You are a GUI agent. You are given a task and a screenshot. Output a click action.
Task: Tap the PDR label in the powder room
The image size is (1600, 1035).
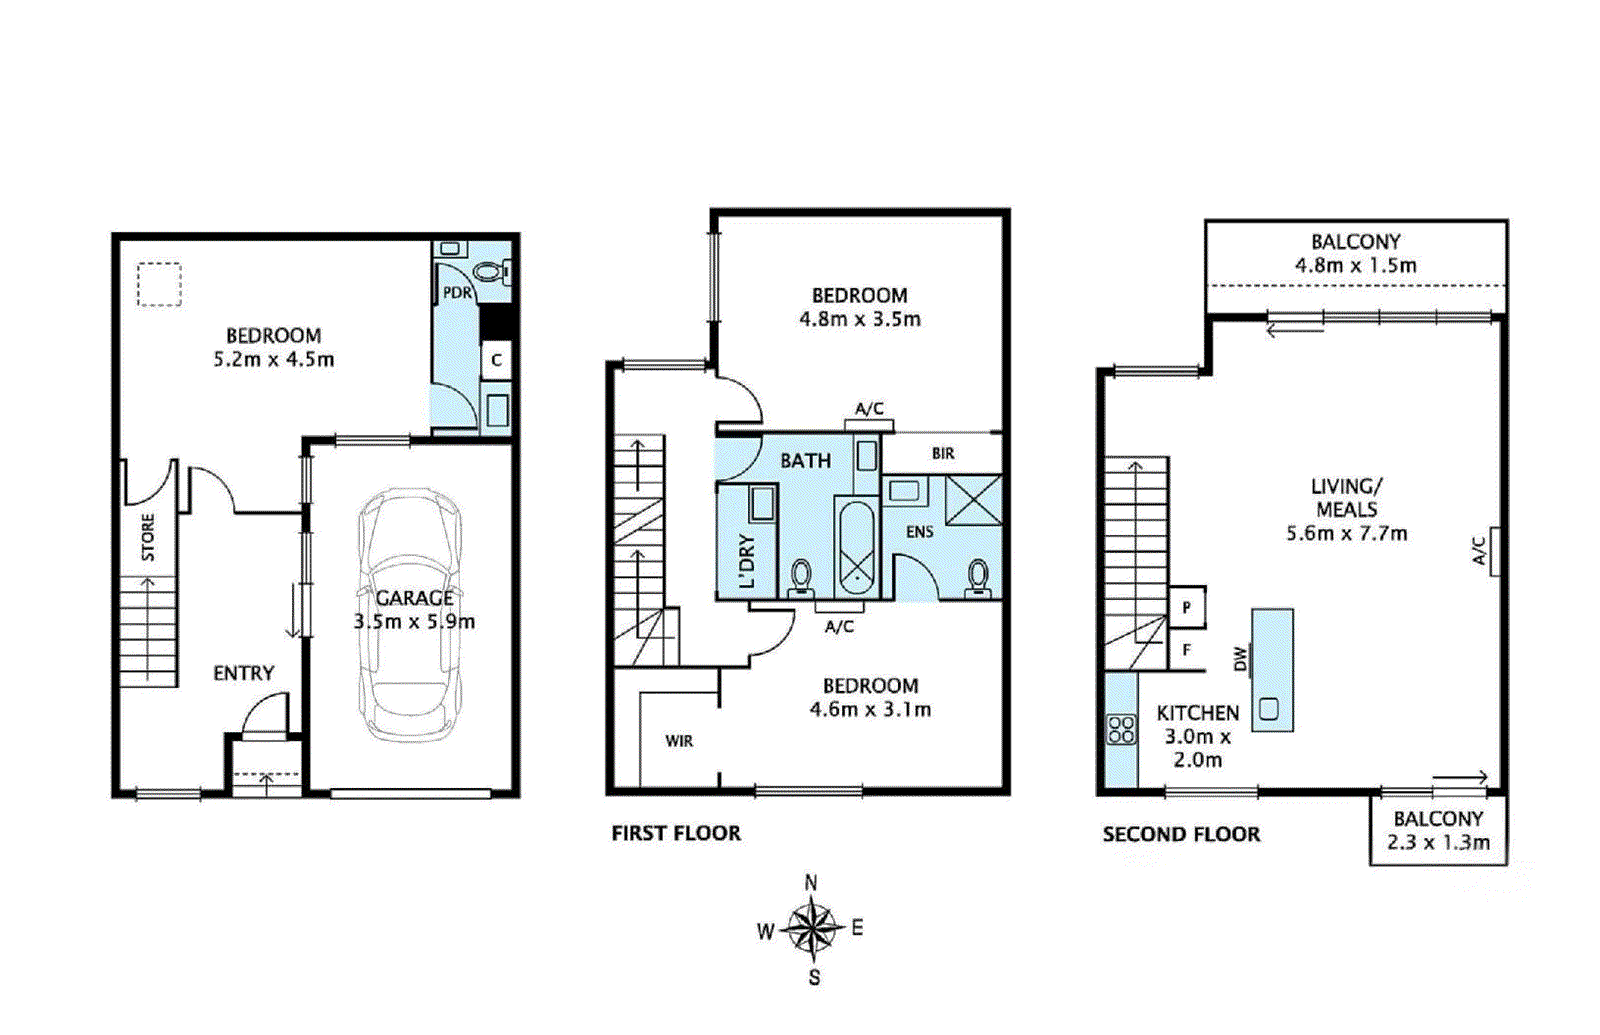(x=457, y=293)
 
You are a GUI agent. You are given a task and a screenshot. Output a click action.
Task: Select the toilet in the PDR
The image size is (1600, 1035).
(x=492, y=272)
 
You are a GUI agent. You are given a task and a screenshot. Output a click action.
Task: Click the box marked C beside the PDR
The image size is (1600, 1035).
(x=496, y=360)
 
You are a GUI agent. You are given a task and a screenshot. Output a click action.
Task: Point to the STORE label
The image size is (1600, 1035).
(x=148, y=537)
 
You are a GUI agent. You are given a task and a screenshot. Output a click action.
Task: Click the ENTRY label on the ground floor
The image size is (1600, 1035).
(x=244, y=673)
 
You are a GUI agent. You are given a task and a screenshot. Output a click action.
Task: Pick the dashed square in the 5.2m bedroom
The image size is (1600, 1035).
(x=159, y=284)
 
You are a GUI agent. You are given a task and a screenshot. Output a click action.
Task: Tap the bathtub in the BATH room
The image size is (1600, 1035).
(x=855, y=549)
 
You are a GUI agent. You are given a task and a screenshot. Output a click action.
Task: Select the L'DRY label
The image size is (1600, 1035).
(x=746, y=561)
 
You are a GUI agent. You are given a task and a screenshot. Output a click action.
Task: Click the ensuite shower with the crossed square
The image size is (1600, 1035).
(x=974, y=500)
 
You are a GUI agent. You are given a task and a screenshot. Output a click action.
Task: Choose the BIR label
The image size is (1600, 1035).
(x=943, y=453)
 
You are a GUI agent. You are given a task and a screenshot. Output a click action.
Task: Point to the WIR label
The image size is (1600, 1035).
(x=679, y=741)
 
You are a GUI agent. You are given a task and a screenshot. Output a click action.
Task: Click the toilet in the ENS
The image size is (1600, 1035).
(x=978, y=578)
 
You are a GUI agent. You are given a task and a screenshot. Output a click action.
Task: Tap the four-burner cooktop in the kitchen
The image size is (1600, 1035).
(x=1121, y=729)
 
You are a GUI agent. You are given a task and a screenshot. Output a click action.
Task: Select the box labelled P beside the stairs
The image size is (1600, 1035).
(x=1187, y=607)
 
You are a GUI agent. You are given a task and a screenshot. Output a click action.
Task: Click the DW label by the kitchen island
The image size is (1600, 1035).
(x=1241, y=659)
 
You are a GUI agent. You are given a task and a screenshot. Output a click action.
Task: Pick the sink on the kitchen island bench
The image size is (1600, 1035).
(x=1269, y=708)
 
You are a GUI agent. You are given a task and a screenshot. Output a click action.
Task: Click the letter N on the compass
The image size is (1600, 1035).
(x=811, y=884)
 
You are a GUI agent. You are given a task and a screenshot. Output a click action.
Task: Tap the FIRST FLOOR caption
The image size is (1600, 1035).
(x=676, y=833)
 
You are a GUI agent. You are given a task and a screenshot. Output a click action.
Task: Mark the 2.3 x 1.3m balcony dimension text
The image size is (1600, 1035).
(x=1438, y=842)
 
